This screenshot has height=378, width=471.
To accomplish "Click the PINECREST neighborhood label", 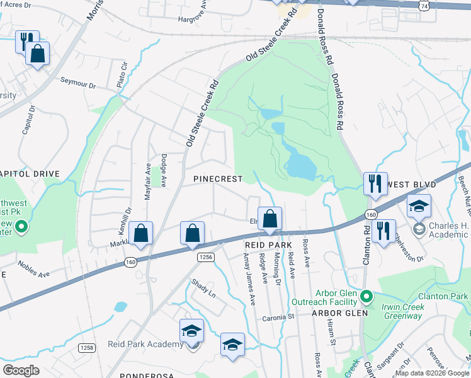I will click(218, 179).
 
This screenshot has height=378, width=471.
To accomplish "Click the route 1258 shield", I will click(86, 348).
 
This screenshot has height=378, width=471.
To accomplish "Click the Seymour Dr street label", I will click(77, 82).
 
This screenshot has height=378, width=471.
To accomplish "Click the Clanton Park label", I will click(445, 296).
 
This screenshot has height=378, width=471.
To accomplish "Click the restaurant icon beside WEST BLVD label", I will click(374, 184).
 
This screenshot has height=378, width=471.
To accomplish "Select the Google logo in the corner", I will click(21, 370).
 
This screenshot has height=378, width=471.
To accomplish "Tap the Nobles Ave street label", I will click(33, 270).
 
